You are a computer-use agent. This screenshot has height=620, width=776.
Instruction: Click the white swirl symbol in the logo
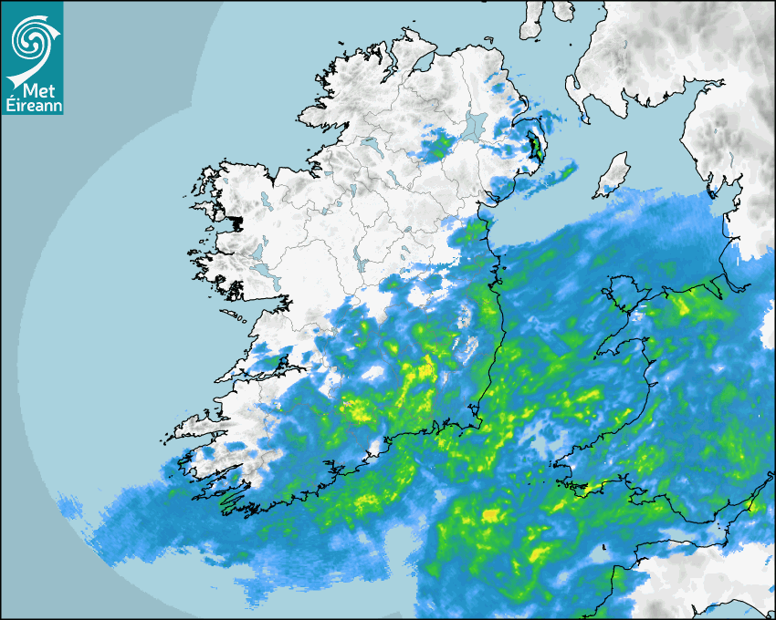tap(29, 39)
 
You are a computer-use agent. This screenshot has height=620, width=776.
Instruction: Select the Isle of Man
tap(613, 176)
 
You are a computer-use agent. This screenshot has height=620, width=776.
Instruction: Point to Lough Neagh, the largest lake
tap(475, 125)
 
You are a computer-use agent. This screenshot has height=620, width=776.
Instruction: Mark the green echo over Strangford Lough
tap(535, 147)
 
